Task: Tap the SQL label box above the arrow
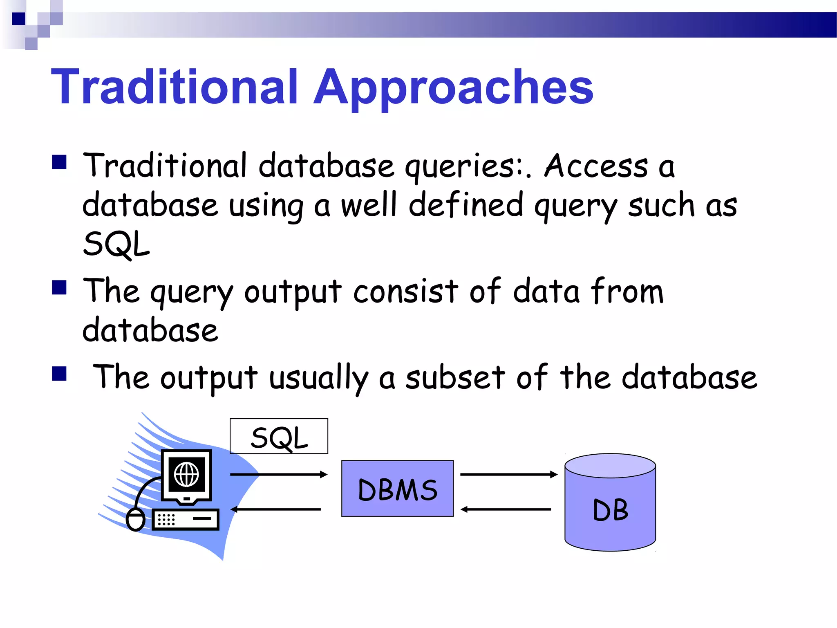click(279, 436)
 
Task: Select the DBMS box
click(397, 489)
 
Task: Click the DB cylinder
click(610, 503)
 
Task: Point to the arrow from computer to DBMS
click(279, 474)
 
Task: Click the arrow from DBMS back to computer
click(276, 509)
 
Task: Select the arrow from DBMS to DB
click(509, 474)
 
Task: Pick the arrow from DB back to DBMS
click(506, 509)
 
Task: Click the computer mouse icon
click(136, 519)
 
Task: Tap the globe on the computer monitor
click(186, 475)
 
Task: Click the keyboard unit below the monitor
click(186, 519)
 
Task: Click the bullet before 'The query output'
click(59, 287)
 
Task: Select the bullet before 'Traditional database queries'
click(59, 162)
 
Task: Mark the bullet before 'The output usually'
click(59, 373)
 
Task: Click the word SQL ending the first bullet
click(116, 244)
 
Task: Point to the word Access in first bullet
click(596, 166)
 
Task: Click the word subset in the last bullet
click(455, 377)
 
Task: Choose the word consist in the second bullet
click(405, 291)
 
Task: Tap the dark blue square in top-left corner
click(18, 19)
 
